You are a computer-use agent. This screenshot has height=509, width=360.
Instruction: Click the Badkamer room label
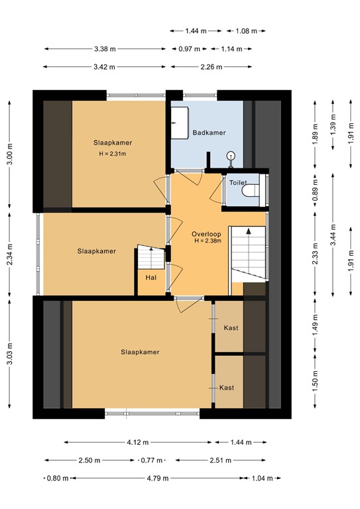point(206,133)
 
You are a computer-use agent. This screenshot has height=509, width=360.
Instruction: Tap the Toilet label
point(237,182)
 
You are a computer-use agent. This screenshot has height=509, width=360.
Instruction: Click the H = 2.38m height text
point(208,241)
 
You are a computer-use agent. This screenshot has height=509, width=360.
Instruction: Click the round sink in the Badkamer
point(230,156)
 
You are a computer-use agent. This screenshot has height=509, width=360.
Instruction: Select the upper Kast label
point(231,328)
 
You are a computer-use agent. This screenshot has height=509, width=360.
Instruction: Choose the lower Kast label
point(227,388)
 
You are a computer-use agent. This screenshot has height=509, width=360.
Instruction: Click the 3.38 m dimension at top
point(105,48)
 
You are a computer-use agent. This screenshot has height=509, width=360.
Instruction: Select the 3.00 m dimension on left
point(9,154)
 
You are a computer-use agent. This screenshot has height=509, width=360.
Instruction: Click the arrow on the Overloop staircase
point(248,231)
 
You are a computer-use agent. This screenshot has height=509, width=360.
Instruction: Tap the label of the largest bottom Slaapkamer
point(140,352)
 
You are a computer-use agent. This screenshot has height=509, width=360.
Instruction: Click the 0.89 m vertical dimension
point(316,192)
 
